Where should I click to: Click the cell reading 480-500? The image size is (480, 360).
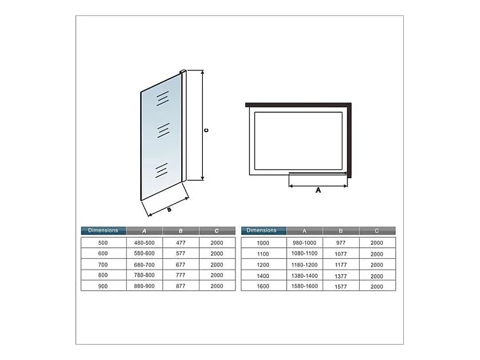[144, 243]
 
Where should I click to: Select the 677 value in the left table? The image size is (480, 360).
[180, 265]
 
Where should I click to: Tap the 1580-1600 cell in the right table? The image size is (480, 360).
[304, 286]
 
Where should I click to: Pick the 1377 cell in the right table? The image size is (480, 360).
[340, 275]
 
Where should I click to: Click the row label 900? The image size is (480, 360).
[104, 286]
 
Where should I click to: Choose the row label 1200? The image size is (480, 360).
[263, 265]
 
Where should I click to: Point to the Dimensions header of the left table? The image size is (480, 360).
[104, 231]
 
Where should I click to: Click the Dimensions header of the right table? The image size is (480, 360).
[263, 231]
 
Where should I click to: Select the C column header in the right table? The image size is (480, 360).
[377, 231]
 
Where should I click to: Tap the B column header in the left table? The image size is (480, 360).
[180, 231]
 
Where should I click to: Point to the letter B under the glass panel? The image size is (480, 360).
[169, 209]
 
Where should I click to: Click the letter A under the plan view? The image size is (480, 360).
[318, 190]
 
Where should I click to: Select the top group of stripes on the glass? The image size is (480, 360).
[164, 97]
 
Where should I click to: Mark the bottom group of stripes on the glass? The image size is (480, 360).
[161, 170]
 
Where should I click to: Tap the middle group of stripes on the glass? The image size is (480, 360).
[163, 130]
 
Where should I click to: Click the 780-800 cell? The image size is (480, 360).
[144, 275]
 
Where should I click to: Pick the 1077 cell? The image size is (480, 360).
[340, 254]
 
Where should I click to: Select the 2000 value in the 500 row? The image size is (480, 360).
[216, 243]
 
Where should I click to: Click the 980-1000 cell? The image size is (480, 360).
[304, 243]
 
